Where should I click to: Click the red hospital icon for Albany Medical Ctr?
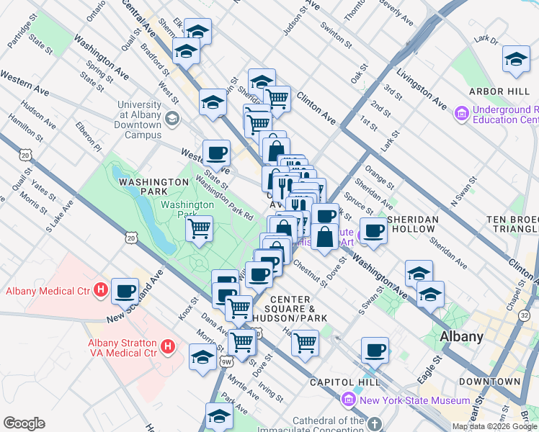coord(101,291)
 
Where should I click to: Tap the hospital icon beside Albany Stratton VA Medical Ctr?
coord(168,348)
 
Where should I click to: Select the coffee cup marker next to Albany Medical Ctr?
coord(125,292)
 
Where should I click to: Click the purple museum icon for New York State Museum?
coord(349,400)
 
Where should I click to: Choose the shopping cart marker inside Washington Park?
coord(200,230)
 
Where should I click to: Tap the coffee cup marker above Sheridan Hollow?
coord(374,231)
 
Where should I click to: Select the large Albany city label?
coord(461,336)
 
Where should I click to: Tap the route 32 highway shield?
coord(524,315)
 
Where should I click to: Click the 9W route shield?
coord(226,361)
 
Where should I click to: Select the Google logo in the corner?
coord(24,423)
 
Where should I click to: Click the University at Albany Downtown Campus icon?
coord(171,119)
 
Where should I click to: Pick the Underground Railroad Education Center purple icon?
coord(461,113)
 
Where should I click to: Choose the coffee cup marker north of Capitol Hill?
coord(375,351)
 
